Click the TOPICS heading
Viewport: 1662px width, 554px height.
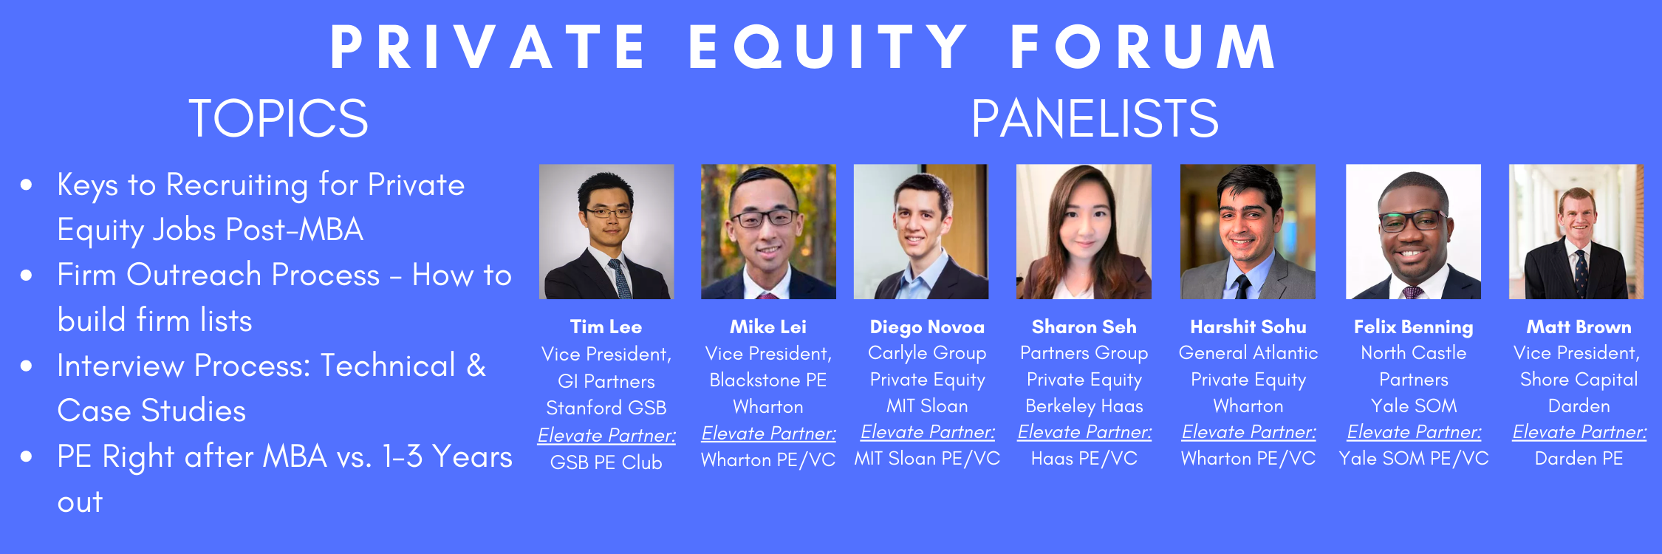pos(278,118)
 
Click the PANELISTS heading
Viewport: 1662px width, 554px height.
pos(1095,118)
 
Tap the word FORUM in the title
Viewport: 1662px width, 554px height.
pos(1143,47)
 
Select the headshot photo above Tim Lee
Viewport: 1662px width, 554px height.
pos(606,231)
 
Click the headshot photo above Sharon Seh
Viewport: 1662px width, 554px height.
pos(1084,231)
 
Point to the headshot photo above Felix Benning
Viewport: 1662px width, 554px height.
pos(1413,231)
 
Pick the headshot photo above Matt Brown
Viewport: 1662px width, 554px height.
pos(1576,231)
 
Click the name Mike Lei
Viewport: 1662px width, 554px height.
pos(768,326)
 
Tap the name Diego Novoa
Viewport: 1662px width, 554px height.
pos(927,326)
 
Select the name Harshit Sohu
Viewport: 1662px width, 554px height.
pos(1248,326)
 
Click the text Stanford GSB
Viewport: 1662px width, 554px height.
pos(606,408)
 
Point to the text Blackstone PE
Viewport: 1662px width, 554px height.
pos(768,380)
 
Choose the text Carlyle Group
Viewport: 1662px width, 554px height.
pos(927,354)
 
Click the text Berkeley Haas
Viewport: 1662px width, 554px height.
pos(1084,406)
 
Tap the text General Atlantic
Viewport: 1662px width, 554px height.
pos(1248,353)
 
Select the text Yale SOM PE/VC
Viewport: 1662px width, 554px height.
pos(1414,459)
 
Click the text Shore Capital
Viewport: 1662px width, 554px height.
pos(1579,380)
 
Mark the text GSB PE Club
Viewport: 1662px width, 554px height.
pos(606,462)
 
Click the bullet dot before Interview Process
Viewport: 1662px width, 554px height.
pos(27,366)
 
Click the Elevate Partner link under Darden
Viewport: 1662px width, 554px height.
pos(1579,432)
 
